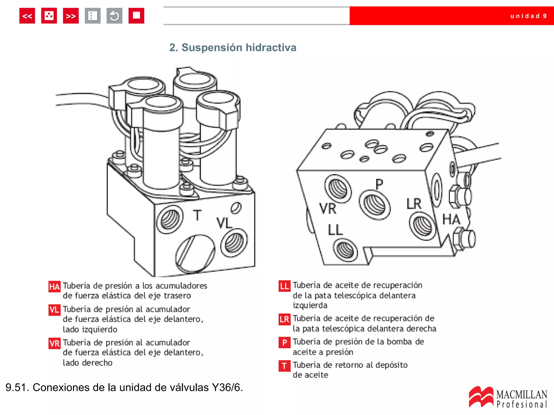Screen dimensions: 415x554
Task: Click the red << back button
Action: (27, 16)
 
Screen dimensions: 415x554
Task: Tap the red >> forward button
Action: (71, 16)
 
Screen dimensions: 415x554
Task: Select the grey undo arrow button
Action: (114, 16)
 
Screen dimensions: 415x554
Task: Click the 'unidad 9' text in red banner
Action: (528, 16)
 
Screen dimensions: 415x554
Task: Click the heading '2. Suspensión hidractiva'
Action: (233, 48)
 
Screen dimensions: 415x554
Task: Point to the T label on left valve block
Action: (197, 215)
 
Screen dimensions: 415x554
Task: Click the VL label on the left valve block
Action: (224, 223)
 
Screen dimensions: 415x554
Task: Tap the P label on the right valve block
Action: (379, 184)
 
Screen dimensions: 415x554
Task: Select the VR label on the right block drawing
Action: (328, 209)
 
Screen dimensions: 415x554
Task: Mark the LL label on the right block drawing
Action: (335, 230)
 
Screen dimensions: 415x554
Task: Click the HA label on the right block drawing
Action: (451, 219)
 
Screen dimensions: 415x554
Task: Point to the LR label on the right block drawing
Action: (414, 204)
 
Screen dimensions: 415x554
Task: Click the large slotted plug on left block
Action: (195, 253)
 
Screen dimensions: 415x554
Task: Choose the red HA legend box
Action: (54, 287)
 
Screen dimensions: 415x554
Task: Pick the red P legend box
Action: (285, 343)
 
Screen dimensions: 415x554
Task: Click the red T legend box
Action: (285, 366)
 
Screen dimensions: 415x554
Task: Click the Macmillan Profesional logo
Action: (508, 397)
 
